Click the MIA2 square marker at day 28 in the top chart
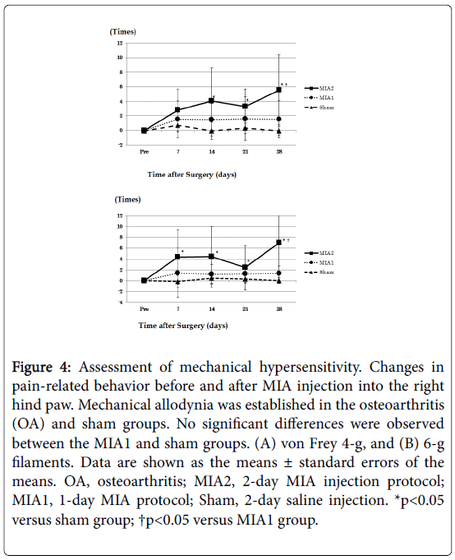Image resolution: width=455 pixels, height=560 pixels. [279, 90]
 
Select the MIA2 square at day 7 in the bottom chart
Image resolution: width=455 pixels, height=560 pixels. [177, 257]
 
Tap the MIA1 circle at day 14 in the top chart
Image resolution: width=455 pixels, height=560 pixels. [211, 119]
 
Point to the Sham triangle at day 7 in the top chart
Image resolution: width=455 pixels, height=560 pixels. [177, 125]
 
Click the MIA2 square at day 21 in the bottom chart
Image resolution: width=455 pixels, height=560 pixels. [245, 267]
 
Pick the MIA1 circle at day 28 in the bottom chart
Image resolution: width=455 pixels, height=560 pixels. [279, 273]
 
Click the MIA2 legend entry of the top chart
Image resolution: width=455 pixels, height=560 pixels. [319, 88]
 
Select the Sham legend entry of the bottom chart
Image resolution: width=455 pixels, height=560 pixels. [319, 272]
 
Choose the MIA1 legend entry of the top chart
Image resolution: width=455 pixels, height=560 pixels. [319, 98]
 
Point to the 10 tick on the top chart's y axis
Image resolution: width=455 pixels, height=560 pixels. [120, 58]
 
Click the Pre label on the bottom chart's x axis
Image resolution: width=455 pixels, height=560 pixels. [144, 309]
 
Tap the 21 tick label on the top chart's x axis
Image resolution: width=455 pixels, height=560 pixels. [246, 152]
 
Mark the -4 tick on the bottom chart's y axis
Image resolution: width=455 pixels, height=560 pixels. [120, 303]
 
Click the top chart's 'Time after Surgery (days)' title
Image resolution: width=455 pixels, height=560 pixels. [192, 174]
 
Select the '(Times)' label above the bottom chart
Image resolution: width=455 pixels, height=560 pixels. [127, 199]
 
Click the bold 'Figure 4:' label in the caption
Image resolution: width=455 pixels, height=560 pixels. [42, 367]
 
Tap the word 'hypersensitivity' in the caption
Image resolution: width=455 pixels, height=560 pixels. [310, 368]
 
